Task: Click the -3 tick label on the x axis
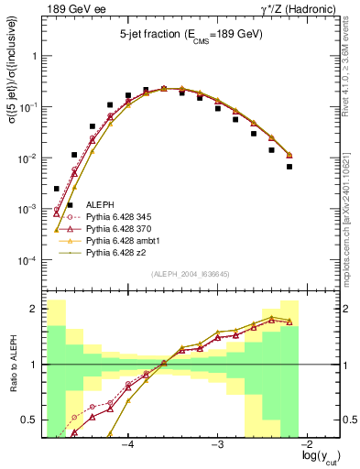pyautogui.click(x=218, y=445)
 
